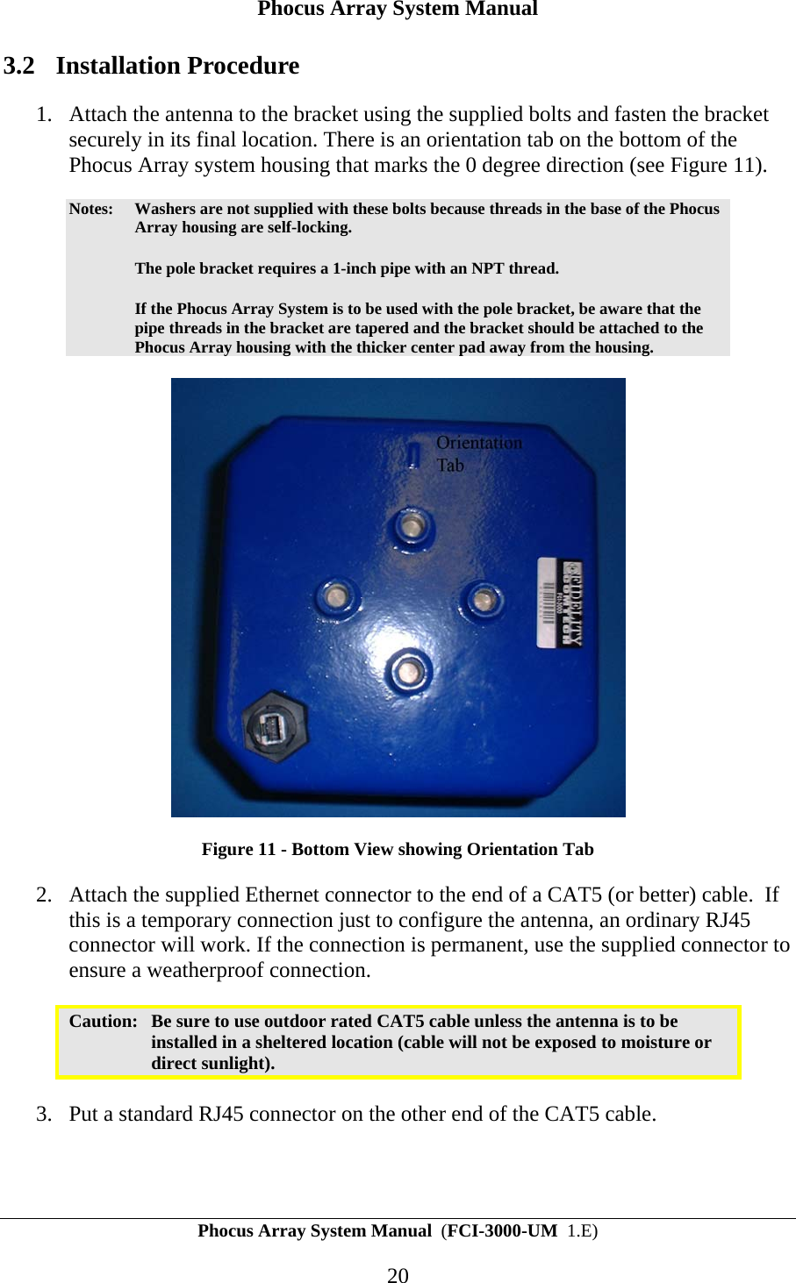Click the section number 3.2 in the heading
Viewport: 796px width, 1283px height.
19,66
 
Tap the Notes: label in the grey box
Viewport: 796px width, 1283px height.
90,209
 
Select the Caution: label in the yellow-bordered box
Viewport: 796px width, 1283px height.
103,1021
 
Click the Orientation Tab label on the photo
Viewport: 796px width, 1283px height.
477,453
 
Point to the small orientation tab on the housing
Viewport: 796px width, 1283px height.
412,454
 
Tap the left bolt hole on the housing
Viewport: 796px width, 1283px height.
334,598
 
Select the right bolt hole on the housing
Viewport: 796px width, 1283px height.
482,600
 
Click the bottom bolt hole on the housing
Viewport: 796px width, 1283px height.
407,673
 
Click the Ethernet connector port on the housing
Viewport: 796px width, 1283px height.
274,726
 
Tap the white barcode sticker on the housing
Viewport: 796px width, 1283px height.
560,602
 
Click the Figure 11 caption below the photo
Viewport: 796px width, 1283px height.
398,849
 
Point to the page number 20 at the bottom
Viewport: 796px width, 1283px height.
398,1275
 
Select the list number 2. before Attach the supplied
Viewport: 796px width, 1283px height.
44,895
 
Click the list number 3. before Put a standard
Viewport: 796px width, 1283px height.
44,1114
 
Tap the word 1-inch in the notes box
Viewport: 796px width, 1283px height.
355,268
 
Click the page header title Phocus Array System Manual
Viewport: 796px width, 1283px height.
398,10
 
